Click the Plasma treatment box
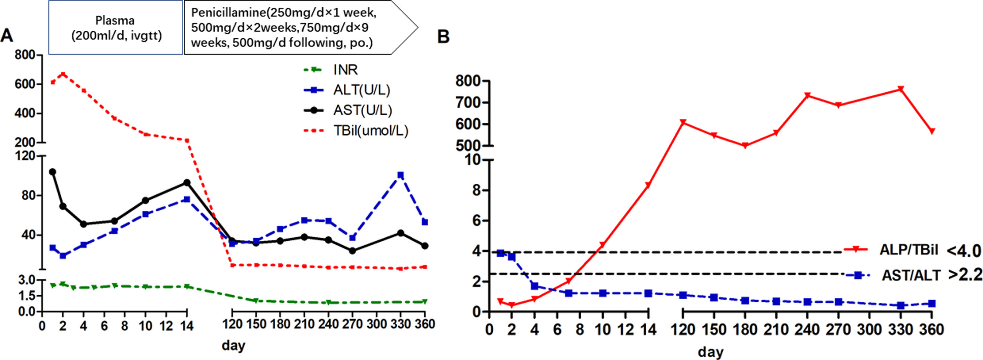116,28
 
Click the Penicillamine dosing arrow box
290,28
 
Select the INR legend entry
345,70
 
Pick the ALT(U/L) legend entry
361,90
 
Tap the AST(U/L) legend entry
362,110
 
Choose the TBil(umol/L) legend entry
370,130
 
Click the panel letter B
443,37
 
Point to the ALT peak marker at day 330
400,175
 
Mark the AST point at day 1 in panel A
53,172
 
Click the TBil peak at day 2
63,74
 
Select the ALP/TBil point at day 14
648,185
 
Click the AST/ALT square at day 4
534,286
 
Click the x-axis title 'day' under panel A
233,346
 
